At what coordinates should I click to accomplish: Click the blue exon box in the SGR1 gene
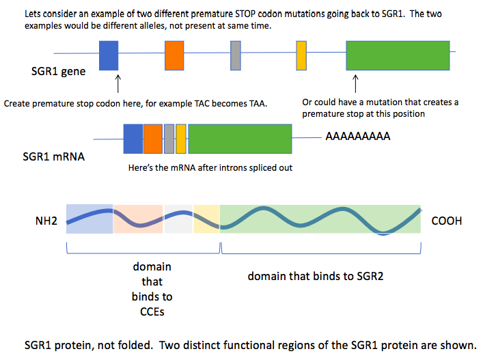point(109,55)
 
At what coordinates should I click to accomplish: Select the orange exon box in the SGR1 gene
point(175,55)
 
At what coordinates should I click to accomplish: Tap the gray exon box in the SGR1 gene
point(235,55)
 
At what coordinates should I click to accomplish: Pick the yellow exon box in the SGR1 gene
point(301,55)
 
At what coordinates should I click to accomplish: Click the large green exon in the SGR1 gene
point(398,55)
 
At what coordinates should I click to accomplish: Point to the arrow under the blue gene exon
point(119,84)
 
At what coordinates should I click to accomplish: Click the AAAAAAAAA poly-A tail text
point(357,137)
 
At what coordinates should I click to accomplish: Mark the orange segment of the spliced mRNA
point(153,138)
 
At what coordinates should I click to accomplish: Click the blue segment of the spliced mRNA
point(133,138)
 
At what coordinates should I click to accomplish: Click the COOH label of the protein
point(447,221)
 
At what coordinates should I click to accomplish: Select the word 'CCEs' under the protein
point(152,312)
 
